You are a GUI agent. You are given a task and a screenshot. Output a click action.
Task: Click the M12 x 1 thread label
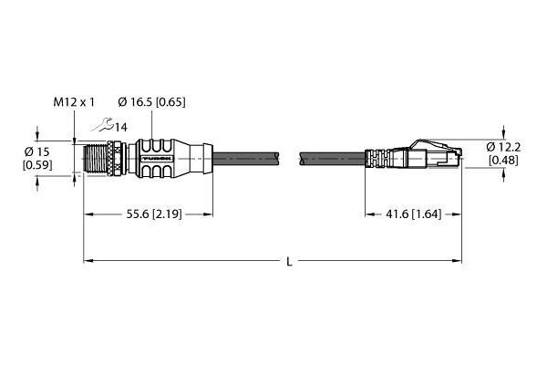coord(74,102)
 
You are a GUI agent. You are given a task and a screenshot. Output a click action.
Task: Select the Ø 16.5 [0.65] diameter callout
coord(151,102)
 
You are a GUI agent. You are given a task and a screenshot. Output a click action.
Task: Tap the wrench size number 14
coord(121,128)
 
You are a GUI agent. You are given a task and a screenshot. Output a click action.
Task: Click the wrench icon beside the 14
coord(102,125)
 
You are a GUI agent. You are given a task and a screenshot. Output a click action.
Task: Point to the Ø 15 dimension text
coord(37,152)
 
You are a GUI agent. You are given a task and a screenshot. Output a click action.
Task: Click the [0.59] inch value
coord(37,165)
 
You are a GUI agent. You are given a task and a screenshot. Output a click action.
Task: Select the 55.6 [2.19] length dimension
coord(154,214)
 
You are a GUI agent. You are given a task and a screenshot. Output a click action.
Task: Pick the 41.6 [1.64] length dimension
coord(413,214)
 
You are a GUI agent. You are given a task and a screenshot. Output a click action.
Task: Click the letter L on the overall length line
coord(289,261)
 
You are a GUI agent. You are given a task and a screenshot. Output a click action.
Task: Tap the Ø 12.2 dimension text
coord(503,148)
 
